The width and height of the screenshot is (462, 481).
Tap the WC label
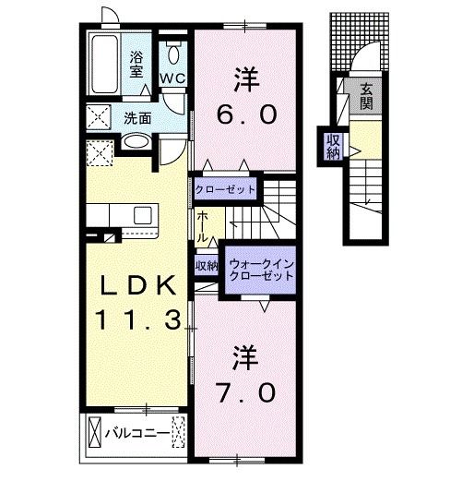172,78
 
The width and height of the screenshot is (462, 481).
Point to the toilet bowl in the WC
172,50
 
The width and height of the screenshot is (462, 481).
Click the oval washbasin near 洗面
136,141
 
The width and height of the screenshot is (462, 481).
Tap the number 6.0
246,114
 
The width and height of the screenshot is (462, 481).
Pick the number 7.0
246,391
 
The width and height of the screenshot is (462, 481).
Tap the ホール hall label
201,225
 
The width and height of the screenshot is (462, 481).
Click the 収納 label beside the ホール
206,266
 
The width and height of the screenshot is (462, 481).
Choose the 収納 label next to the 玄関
333,147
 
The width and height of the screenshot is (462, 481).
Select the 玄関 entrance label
366,97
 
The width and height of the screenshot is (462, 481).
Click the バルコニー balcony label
136,431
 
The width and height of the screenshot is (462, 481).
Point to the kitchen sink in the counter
143,216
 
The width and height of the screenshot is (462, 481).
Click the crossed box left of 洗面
100,117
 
